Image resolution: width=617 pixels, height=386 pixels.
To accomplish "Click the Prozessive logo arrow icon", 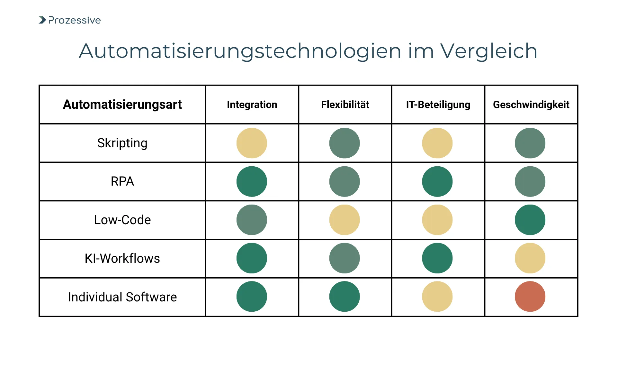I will coord(42,20).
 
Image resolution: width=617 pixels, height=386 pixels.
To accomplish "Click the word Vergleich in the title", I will coord(488,51).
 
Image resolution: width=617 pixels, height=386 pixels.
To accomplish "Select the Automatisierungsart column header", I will coord(122,105).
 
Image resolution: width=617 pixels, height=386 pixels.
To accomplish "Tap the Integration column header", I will coord(252,105).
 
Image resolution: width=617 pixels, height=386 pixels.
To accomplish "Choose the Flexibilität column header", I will coord(345,105).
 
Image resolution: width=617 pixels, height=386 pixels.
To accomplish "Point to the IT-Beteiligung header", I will coord(438,105).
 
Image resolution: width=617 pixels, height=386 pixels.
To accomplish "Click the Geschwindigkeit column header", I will coord(531,105).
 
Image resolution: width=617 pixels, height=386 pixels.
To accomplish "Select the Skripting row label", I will coord(122,143).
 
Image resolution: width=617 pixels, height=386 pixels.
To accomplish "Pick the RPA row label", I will coord(122,181).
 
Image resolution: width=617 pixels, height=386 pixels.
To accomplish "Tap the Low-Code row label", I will coord(122,220).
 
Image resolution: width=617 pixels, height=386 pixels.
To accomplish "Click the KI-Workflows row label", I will coord(122,258).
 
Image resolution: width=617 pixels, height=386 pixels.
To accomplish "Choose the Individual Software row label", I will coord(122,297).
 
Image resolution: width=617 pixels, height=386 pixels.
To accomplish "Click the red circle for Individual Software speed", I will coord(530,296).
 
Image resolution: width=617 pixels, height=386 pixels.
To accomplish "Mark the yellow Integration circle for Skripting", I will coord(252,143).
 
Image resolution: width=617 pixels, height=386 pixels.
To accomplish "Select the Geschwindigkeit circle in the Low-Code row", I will coord(530,220).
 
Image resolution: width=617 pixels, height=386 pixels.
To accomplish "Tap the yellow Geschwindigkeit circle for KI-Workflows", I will coord(530,258).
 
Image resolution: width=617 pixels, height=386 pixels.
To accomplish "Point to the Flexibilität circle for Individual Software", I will coord(344,296).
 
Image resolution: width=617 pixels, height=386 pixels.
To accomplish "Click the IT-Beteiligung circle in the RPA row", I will coord(437,181).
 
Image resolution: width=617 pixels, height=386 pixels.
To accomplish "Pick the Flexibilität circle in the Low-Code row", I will coord(344,220).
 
